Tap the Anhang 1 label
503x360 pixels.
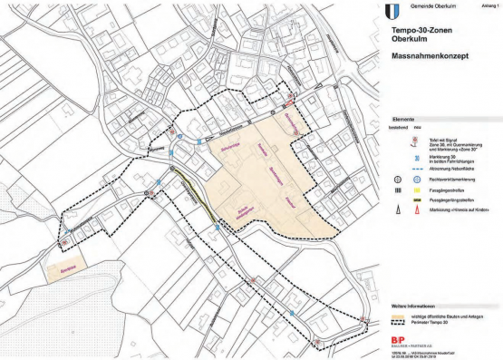(x=489, y=3)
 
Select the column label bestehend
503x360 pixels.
(x=400, y=127)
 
